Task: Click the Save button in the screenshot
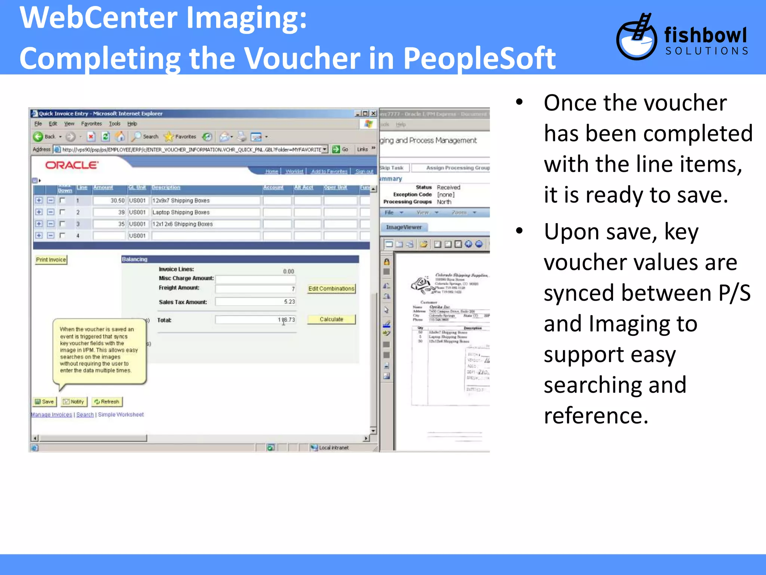(45, 402)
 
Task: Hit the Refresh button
(107, 402)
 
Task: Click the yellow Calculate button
(331, 319)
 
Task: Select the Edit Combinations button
(331, 289)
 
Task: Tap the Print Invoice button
(51, 260)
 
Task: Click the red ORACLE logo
(72, 165)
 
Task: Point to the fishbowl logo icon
(636, 37)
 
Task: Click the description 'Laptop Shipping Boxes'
(181, 212)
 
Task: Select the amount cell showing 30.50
(109, 201)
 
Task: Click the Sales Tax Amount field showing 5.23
(255, 302)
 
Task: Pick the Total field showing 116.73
(255, 320)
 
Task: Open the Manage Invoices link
(52, 415)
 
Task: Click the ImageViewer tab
(404, 227)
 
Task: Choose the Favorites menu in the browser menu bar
(91, 124)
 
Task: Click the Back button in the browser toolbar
(44, 137)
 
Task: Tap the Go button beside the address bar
(340, 149)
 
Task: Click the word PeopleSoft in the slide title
(479, 58)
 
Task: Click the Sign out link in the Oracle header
(364, 171)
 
